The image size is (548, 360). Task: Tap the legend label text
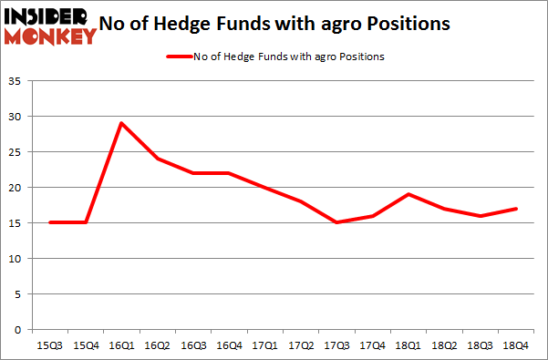point(288,57)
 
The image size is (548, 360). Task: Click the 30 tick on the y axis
point(16,118)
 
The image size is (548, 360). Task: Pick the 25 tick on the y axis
point(16,153)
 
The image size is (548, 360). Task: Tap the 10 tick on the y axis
point(16,259)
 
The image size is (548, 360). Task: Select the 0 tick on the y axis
point(18,330)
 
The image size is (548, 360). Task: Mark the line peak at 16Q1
point(120,123)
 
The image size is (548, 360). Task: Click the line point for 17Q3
point(336,222)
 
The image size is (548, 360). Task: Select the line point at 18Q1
point(408,194)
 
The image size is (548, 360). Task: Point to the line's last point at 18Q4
point(516,209)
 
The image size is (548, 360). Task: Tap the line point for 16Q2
point(157,159)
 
